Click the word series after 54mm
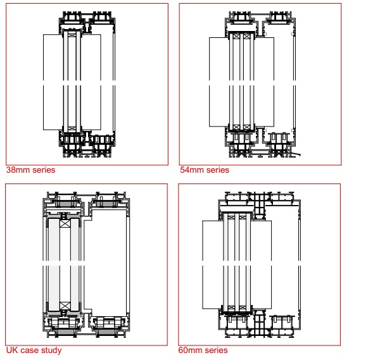217,170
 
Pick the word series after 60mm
217,351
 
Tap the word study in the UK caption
51,350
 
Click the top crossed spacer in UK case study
64,224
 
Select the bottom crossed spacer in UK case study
64,305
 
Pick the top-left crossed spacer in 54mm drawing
236,37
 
